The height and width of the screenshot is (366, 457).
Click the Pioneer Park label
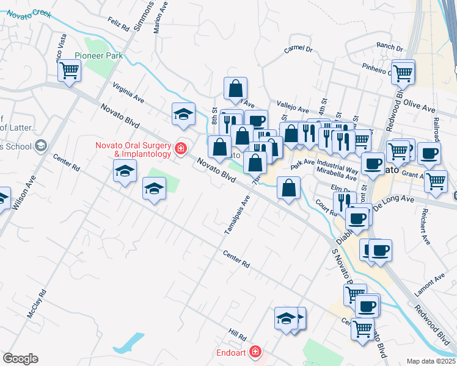98,56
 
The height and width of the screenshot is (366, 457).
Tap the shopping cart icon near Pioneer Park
70,71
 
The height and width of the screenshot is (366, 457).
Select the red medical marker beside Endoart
255,353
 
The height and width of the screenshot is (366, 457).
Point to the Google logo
20,359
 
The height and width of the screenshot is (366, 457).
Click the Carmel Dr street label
298,49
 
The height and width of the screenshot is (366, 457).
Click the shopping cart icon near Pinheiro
403,73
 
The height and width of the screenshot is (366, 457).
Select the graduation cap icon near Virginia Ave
183,114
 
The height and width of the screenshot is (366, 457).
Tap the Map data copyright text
431,361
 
